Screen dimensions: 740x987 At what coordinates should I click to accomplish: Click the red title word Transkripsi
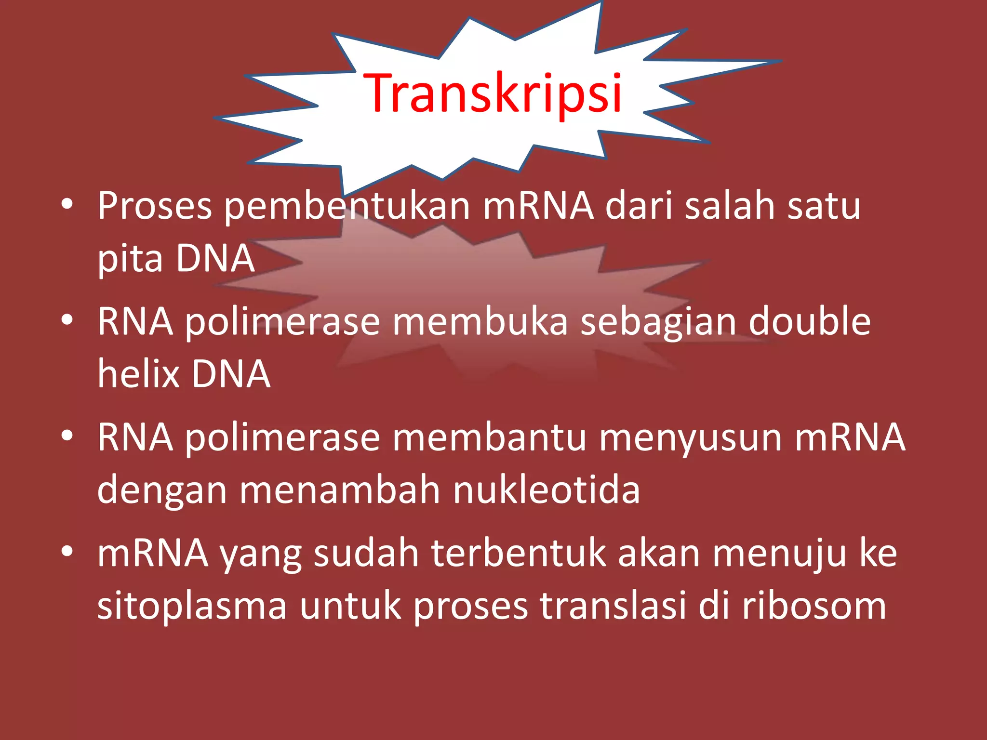[493, 93]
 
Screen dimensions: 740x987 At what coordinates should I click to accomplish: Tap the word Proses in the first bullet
[155, 206]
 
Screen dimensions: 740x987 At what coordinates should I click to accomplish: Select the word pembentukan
[347, 206]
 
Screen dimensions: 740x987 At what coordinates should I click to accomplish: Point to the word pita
[130, 259]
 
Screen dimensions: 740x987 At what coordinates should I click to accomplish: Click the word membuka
[480, 322]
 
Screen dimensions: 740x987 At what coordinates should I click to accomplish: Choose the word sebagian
[658, 322]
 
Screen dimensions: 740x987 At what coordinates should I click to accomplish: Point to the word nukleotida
[547, 489]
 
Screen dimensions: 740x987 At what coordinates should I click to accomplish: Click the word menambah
[340, 489]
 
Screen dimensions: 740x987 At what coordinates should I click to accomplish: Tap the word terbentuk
[519, 553]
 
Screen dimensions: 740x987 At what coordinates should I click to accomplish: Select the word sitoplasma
[192, 606]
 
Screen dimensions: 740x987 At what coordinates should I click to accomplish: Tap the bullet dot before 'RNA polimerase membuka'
[67, 319]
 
